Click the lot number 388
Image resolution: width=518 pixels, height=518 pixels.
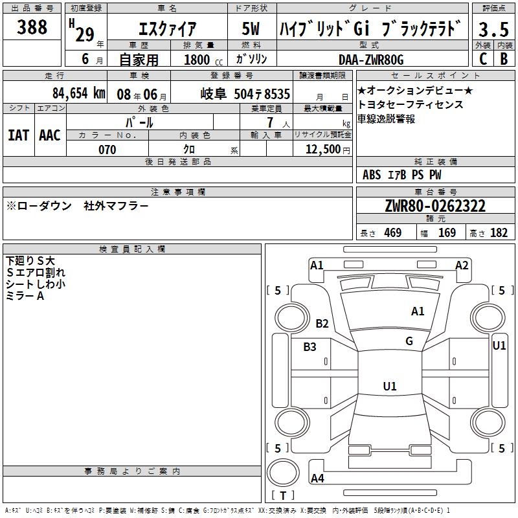coord(32,27)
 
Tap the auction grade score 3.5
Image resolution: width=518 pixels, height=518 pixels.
coord(493,30)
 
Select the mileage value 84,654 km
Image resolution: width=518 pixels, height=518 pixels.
coord(79,93)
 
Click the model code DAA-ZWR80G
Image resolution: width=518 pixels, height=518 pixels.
coord(371,60)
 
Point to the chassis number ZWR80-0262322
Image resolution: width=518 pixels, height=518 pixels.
coord(435,206)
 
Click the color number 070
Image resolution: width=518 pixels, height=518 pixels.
coord(107,150)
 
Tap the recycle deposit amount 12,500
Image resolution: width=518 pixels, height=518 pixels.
coord(322,150)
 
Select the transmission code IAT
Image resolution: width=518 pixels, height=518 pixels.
coord(19,135)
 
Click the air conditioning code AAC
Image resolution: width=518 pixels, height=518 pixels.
coord(50,135)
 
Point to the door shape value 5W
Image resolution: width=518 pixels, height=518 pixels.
coord(251,28)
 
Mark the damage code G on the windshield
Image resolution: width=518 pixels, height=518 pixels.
coord(409,341)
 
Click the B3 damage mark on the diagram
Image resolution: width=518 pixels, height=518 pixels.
coord(310,347)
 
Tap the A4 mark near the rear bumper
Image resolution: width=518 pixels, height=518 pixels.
coord(317,478)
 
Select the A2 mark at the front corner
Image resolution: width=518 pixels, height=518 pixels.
coord(462,265)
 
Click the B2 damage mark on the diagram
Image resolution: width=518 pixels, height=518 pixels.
coord(322,323)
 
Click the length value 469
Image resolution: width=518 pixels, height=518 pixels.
coord(393,232)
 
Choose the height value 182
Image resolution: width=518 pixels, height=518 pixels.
coord(499,232)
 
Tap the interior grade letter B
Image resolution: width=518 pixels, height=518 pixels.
coord(504,59)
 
